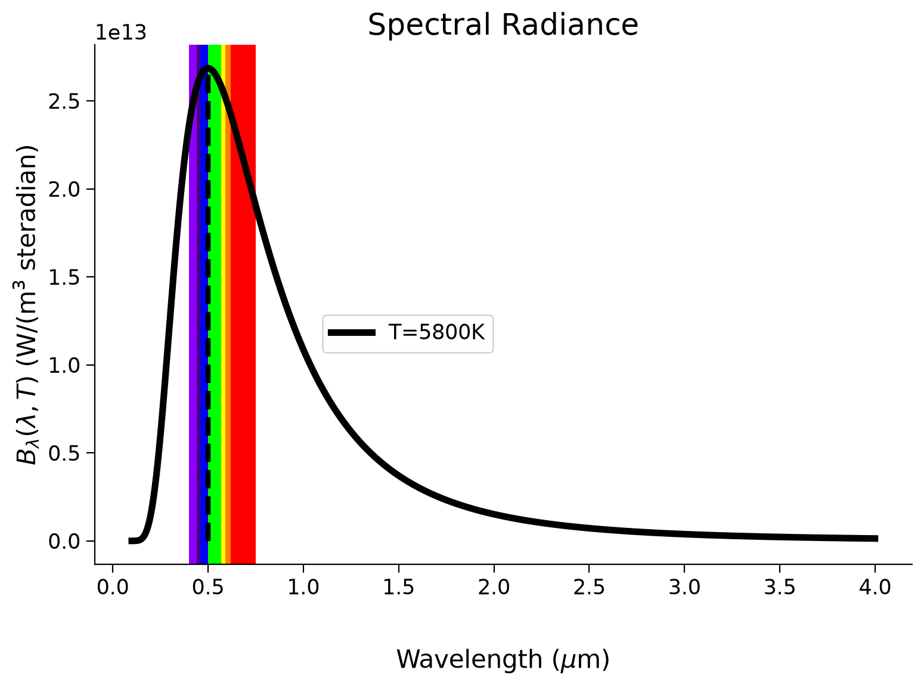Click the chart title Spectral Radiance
(x=503, y=25)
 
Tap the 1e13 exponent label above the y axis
(x=121, y=33)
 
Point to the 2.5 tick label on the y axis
(x=64, y=101)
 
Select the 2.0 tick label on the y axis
(x=64, y=189)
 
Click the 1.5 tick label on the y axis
(x=64, y=277)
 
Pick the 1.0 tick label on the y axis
(x=64, y=365)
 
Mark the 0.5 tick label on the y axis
(x=64, y=453)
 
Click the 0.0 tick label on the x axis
(x=113, y=587)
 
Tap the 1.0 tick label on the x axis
(x=303, y=587)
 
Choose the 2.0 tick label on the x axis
(x=494, y=587)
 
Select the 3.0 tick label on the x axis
(x=684, y=587)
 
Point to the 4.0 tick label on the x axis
(x=875, y=587)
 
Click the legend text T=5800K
(x=436, y=332)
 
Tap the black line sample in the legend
(x=352, y=332)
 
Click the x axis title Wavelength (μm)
(x=503, y=660)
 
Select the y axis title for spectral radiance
(x=27, y=305)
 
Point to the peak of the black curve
(x=207, y=69)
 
